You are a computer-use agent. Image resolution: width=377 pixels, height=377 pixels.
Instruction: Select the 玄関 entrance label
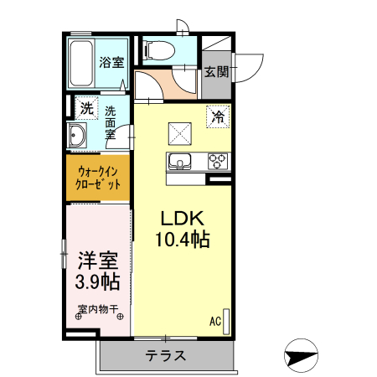215,72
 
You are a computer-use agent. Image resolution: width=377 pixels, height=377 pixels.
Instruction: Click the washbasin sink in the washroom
78,135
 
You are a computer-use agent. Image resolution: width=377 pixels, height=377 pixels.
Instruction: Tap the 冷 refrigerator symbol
218,118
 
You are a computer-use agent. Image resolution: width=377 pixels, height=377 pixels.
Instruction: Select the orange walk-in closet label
99,178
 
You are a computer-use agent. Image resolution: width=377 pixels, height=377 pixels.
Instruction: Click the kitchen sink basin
180,161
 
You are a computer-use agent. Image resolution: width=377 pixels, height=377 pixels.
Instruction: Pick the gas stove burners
218,161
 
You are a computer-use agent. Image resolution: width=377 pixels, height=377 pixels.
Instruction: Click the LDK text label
180,217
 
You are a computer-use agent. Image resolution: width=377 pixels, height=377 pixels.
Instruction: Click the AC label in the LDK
214,320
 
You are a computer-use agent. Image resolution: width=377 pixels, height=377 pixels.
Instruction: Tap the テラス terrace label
165,355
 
